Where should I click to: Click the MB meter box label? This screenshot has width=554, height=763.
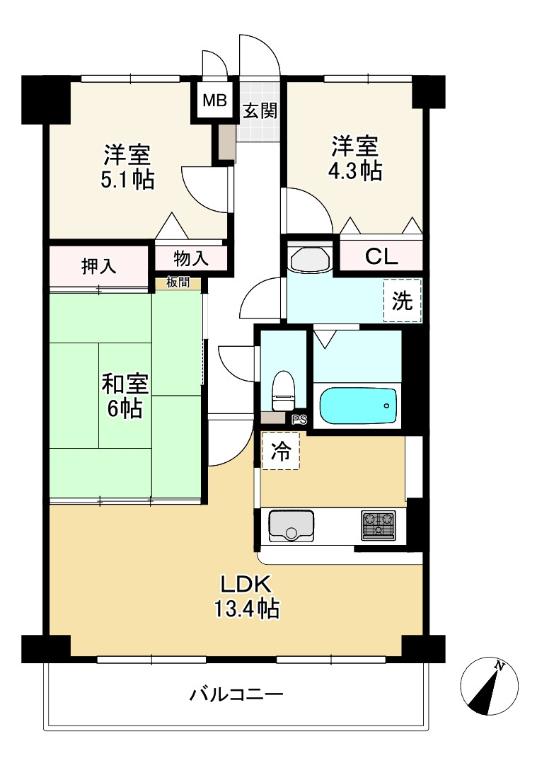click(214, 100)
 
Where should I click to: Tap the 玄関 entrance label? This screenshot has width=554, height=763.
click(260, 111)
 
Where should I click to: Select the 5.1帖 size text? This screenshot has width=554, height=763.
click(127, 178)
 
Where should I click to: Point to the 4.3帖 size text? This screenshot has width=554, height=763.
click(355, 171)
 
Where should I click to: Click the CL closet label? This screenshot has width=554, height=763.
click(381, 257)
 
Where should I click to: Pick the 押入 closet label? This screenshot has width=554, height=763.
click(99, 266)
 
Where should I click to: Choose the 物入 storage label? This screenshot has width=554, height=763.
click(191, 258)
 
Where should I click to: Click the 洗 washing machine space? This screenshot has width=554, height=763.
click(402, 302)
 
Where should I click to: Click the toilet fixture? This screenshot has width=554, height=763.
click(283, 390)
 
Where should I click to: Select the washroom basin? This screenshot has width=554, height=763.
click(309, 258)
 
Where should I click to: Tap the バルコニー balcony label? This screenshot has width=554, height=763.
click(236, 694)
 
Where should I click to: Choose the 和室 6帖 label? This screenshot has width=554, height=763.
click(125, 396)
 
